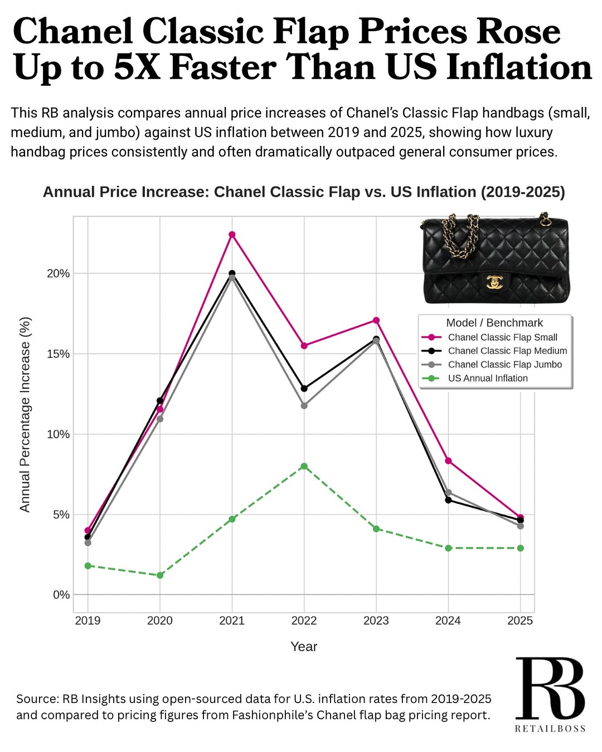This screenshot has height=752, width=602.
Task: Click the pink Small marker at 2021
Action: [232, 235]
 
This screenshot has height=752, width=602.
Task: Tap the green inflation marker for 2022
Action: [304, 466]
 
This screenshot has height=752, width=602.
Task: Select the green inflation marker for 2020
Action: [160, 575]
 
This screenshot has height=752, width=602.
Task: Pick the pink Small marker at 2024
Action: [448, 461]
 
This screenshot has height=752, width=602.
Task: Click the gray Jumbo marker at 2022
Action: [304, 406]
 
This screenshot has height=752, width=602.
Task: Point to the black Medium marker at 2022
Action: [304, 388]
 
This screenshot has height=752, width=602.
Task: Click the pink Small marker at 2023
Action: [376, 320]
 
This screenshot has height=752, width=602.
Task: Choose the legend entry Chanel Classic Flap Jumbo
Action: [504, 364]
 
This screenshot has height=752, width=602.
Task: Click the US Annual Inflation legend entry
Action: [487, 378]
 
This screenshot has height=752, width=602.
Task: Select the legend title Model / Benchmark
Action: [494, 323]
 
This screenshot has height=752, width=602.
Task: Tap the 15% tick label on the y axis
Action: [58, 354]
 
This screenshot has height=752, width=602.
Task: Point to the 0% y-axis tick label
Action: [61, 595]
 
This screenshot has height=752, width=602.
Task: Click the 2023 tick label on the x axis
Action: [376, 621]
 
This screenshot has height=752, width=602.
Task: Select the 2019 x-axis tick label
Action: [88, 621]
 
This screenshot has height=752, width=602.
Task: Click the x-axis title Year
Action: [304, 647]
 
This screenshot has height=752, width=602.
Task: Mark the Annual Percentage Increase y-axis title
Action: [25, 414]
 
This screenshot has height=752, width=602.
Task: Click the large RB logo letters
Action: [550, 688]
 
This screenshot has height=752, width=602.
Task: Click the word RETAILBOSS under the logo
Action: [550, 728]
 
